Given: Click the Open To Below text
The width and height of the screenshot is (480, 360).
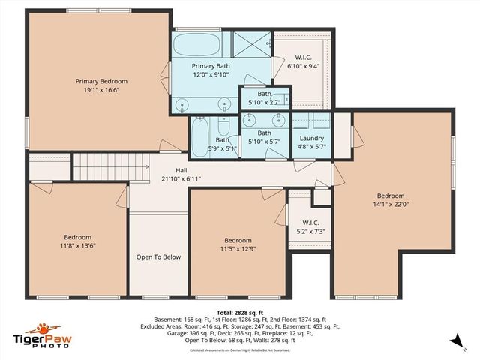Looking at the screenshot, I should coord(158,257).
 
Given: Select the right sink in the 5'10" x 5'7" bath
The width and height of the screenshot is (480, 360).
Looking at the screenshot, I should coord(278,118).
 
